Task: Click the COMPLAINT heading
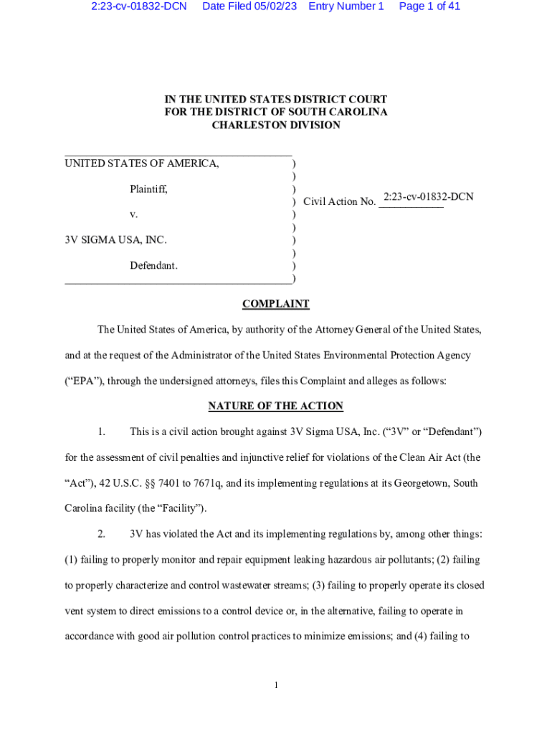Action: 275,304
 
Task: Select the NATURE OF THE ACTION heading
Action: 275,406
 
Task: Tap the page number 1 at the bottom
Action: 275,686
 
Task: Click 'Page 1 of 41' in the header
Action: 429,6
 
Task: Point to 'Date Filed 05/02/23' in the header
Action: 249,6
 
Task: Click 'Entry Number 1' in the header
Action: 346,6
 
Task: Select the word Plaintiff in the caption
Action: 148,189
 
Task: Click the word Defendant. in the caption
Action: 153,266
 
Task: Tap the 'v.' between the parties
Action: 134,214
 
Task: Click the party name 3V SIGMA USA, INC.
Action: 116,240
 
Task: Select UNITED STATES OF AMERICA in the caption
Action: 142,163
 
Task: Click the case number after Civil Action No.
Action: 428,196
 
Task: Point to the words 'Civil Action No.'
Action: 339,201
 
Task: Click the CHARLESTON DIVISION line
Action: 275,125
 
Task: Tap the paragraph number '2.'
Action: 103,533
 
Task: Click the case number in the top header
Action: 139,6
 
